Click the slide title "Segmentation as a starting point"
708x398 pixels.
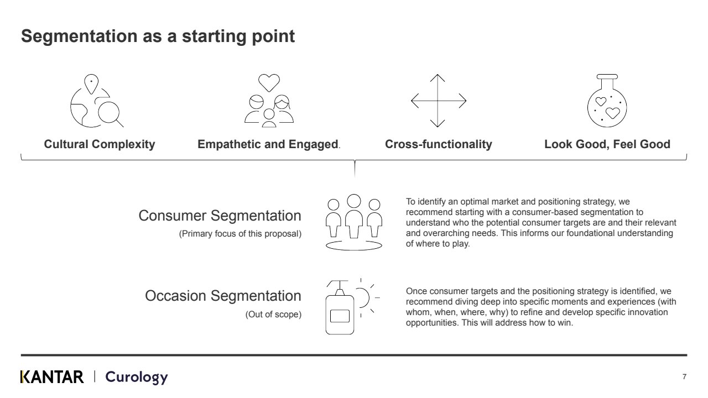pos(158,36)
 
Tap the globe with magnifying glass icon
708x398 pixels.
pos(96,103)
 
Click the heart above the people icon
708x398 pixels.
pos(269,83)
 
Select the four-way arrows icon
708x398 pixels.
pos(438,101)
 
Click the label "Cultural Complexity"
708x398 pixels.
pos(100,144)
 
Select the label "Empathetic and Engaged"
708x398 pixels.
pos(268,144)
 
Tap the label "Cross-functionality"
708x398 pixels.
pos(438,144)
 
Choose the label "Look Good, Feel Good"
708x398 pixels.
pos(607,144)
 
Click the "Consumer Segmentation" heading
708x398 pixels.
pos(220,216)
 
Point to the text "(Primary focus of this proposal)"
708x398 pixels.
pos(240,234)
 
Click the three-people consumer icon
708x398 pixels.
pos(354,222)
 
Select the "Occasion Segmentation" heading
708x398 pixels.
pos(223,296)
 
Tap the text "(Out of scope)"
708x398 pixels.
pos(273,315)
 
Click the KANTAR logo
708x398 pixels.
pos(52,377)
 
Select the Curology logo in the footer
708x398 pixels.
pos(136,377)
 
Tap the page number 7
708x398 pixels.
pos(684,377)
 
